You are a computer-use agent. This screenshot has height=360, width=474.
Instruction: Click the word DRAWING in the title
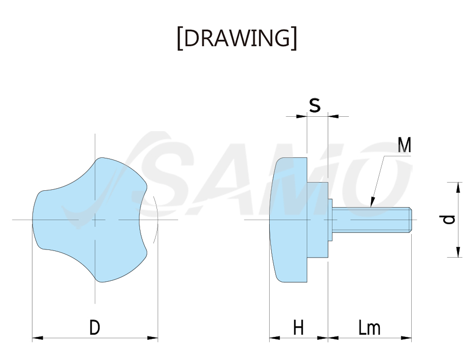[x=237, y=38]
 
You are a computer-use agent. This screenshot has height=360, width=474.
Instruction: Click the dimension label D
[x=95, y=328]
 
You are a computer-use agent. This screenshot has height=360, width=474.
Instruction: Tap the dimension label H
[x=299, y=328]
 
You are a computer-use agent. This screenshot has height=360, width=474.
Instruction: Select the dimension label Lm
[x=369, y=328]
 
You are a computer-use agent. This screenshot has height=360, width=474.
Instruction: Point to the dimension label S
[x=314, y=105]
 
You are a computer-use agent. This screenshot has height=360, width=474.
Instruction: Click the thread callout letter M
[x=404, y=145]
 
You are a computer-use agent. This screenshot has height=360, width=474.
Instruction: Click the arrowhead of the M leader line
[x=373, y=202]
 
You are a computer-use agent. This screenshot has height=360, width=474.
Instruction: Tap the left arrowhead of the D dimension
[x=38, y=338]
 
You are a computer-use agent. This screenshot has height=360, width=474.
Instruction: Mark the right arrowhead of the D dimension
[x=152, y=338]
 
